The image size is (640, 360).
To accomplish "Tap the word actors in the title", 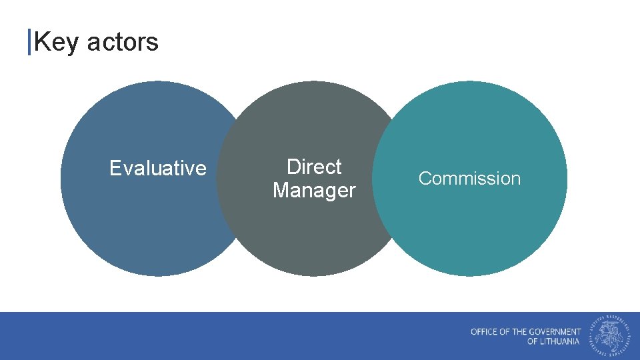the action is click(x=123, y=42).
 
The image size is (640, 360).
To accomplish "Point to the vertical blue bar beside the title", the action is click(x=29, y=42).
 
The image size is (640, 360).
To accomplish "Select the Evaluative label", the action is click(x=158, y=168).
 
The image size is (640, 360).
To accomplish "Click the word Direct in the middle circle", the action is click(x=314, y=167).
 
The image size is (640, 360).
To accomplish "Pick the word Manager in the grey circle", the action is click(x=314, y=190).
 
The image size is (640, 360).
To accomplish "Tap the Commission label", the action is click(x=469, y=179).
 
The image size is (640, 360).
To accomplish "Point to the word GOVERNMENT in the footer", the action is click(x=555, y=331).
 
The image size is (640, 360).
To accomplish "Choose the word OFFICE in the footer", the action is click(x=484, y=331).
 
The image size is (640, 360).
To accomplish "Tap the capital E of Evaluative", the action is click(x=115, y=168).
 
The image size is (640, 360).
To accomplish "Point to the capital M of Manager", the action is click(x=281, y=190).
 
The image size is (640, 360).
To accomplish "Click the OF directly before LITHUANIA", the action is click(x=532, y=341).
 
